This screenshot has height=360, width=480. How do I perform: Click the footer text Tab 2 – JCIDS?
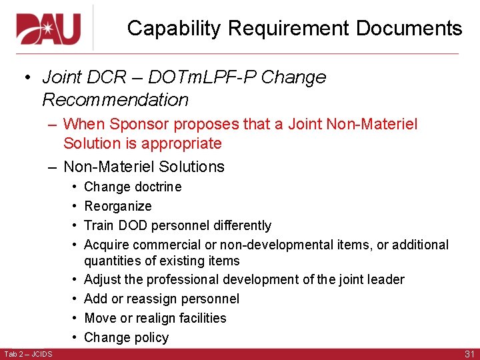(28, 353)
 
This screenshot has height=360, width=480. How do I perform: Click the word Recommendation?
(115, 100)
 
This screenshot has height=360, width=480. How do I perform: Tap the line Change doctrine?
(133, 187)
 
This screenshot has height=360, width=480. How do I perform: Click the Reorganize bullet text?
(118, 206)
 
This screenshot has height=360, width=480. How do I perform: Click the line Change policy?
(127, 337)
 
